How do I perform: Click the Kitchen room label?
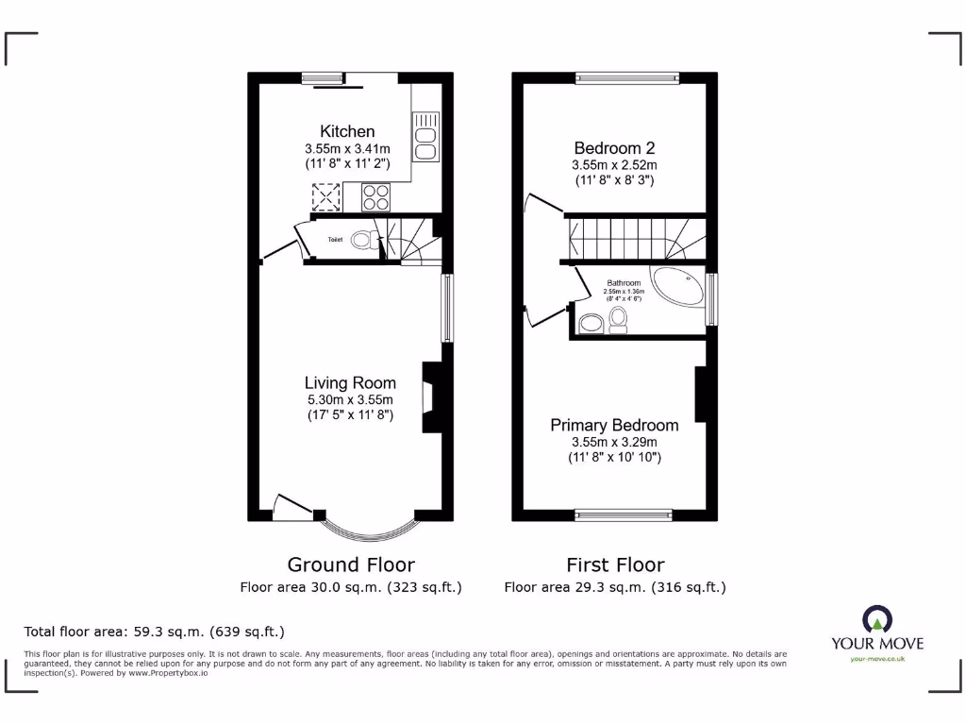click(347, 131)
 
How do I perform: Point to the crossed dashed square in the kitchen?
click(326, 197)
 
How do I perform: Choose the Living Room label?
click(350, 382)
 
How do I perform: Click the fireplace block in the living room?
click(430, 396)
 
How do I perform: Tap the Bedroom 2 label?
click(614, 147)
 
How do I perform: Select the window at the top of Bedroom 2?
click(627, 77)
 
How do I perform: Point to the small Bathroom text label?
click(624, 283)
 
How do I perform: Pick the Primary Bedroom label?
click(614, 425)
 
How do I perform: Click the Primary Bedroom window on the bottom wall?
click(624, 514)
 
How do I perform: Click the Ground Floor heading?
click(351, 565)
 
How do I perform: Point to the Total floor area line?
click(154, 632)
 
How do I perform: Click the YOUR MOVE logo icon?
click(877, 621)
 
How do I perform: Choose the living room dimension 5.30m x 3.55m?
click(350, 399)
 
